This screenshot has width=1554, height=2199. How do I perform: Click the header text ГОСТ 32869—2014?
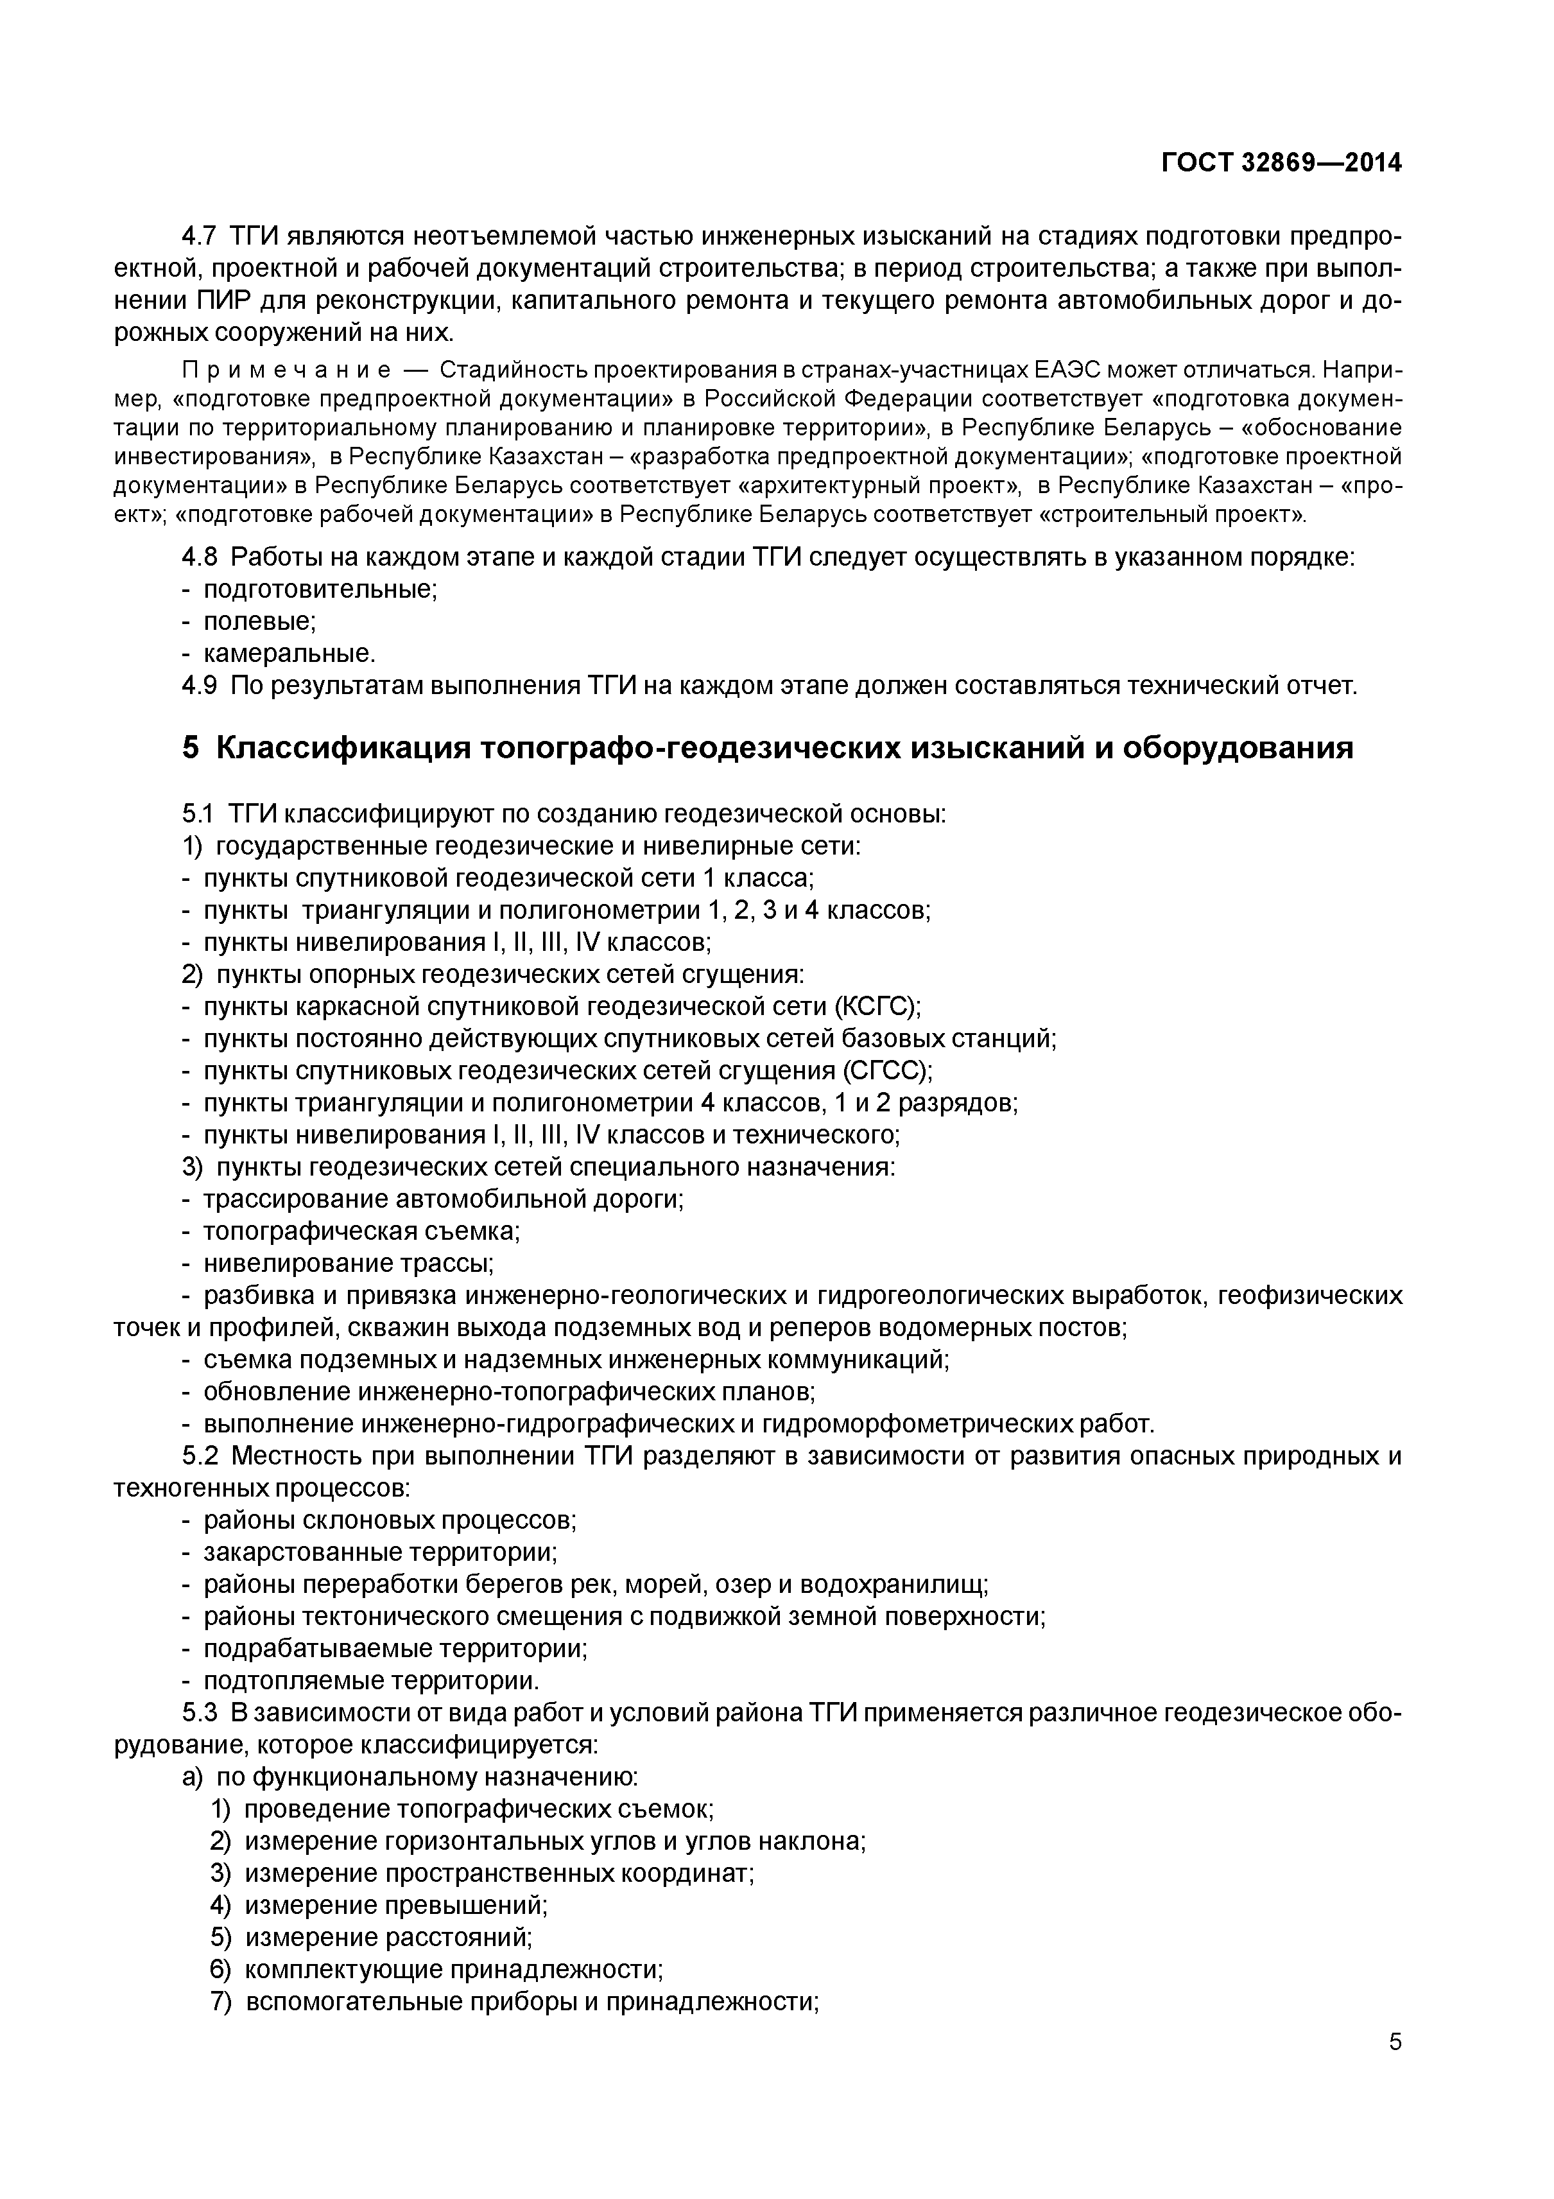1281,163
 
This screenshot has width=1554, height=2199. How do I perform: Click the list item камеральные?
289,654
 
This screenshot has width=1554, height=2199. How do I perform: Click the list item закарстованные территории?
379,1552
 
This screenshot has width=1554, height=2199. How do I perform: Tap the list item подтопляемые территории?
370,1680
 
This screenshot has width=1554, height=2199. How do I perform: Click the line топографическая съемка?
361,1231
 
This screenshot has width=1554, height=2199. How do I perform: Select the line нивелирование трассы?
347,1264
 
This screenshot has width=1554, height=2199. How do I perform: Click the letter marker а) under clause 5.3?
191,1777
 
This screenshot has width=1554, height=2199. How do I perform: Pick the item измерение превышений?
395,1905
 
